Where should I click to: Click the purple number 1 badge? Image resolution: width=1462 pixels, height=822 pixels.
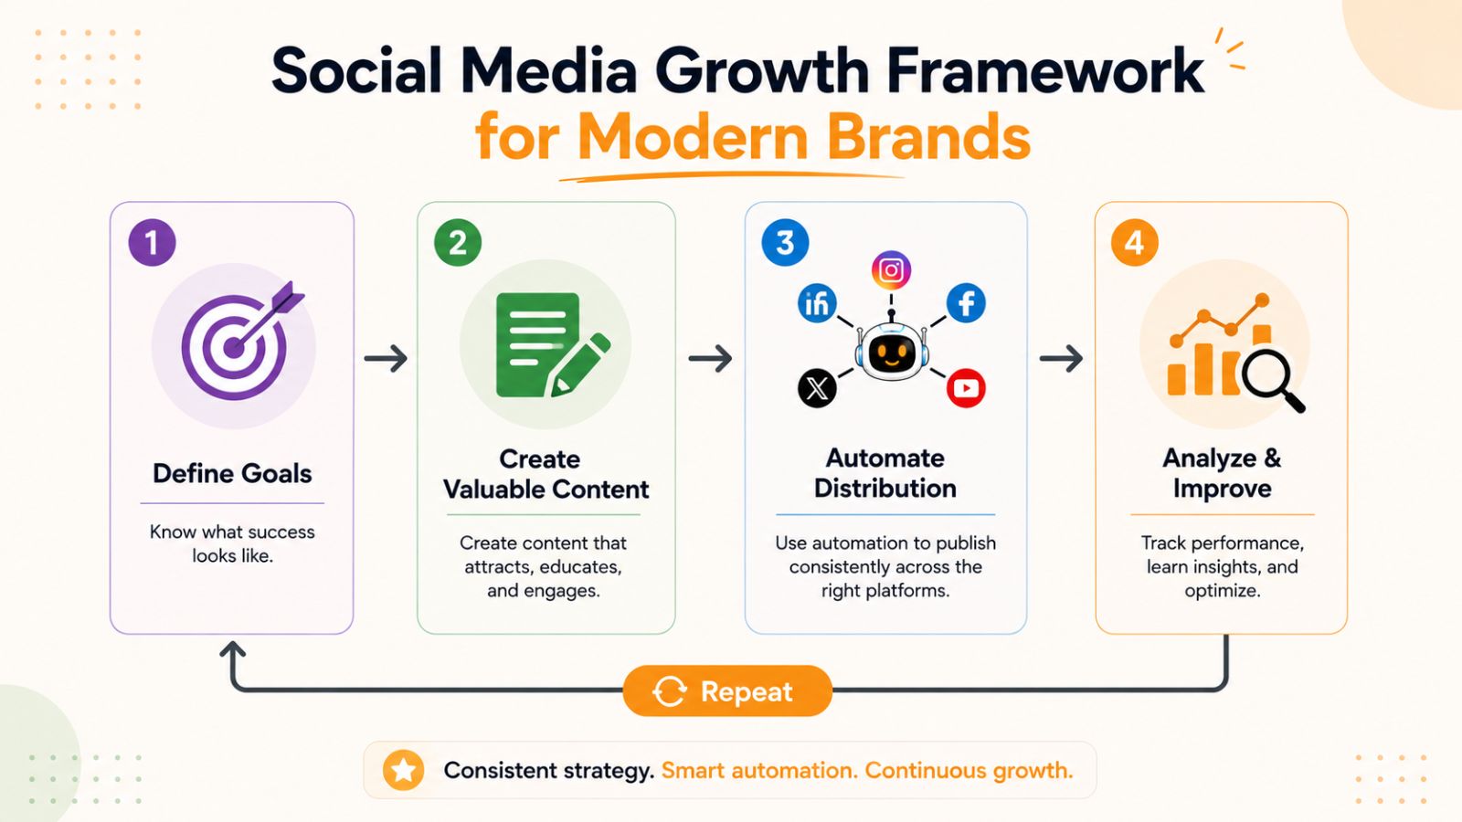click(x=152, y=243)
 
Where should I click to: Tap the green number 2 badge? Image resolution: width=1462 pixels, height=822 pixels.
click(x=458, y=243)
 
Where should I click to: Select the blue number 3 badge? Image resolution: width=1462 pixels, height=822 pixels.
click(x=785, y=243)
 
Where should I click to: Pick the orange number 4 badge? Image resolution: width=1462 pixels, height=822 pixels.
click(x=1134, y=243)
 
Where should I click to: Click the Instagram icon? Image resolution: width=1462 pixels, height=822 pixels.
click(x=891, y=270)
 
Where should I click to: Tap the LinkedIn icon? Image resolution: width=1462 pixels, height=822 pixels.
click(x=817, y=303)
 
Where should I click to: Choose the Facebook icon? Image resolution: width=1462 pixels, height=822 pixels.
click(x=966, y=303)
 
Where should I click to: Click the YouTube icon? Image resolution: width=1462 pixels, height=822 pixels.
click(x=966, y=388)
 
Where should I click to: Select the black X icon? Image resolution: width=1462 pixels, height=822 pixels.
click(x=817, y=388)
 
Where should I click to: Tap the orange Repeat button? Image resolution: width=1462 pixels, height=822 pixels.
click(x=727, y=690)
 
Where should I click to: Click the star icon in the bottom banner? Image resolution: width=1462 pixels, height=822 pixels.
click(x=403, y=771)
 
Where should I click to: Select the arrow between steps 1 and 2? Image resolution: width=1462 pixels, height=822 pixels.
click(x=386, y=358)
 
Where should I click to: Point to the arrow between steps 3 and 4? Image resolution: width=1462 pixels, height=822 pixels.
click(x=1061, y=358)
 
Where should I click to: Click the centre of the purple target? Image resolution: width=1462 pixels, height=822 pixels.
click(x=233, y=348)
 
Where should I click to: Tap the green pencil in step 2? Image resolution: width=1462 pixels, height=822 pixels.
click(x=579, y=365)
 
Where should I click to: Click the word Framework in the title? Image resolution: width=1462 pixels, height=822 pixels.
click(x=1045, y=69)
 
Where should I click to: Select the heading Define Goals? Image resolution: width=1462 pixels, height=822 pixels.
click(x=232, y=474)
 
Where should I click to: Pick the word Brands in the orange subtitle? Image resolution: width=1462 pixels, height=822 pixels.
click(x=928, y=138)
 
